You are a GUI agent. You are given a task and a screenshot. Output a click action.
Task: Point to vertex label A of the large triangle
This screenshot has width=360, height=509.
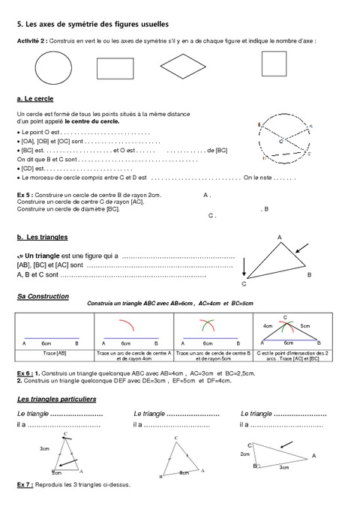point(280,238)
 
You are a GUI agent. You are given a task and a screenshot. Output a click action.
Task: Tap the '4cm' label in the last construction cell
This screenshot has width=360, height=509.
point(267,327)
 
